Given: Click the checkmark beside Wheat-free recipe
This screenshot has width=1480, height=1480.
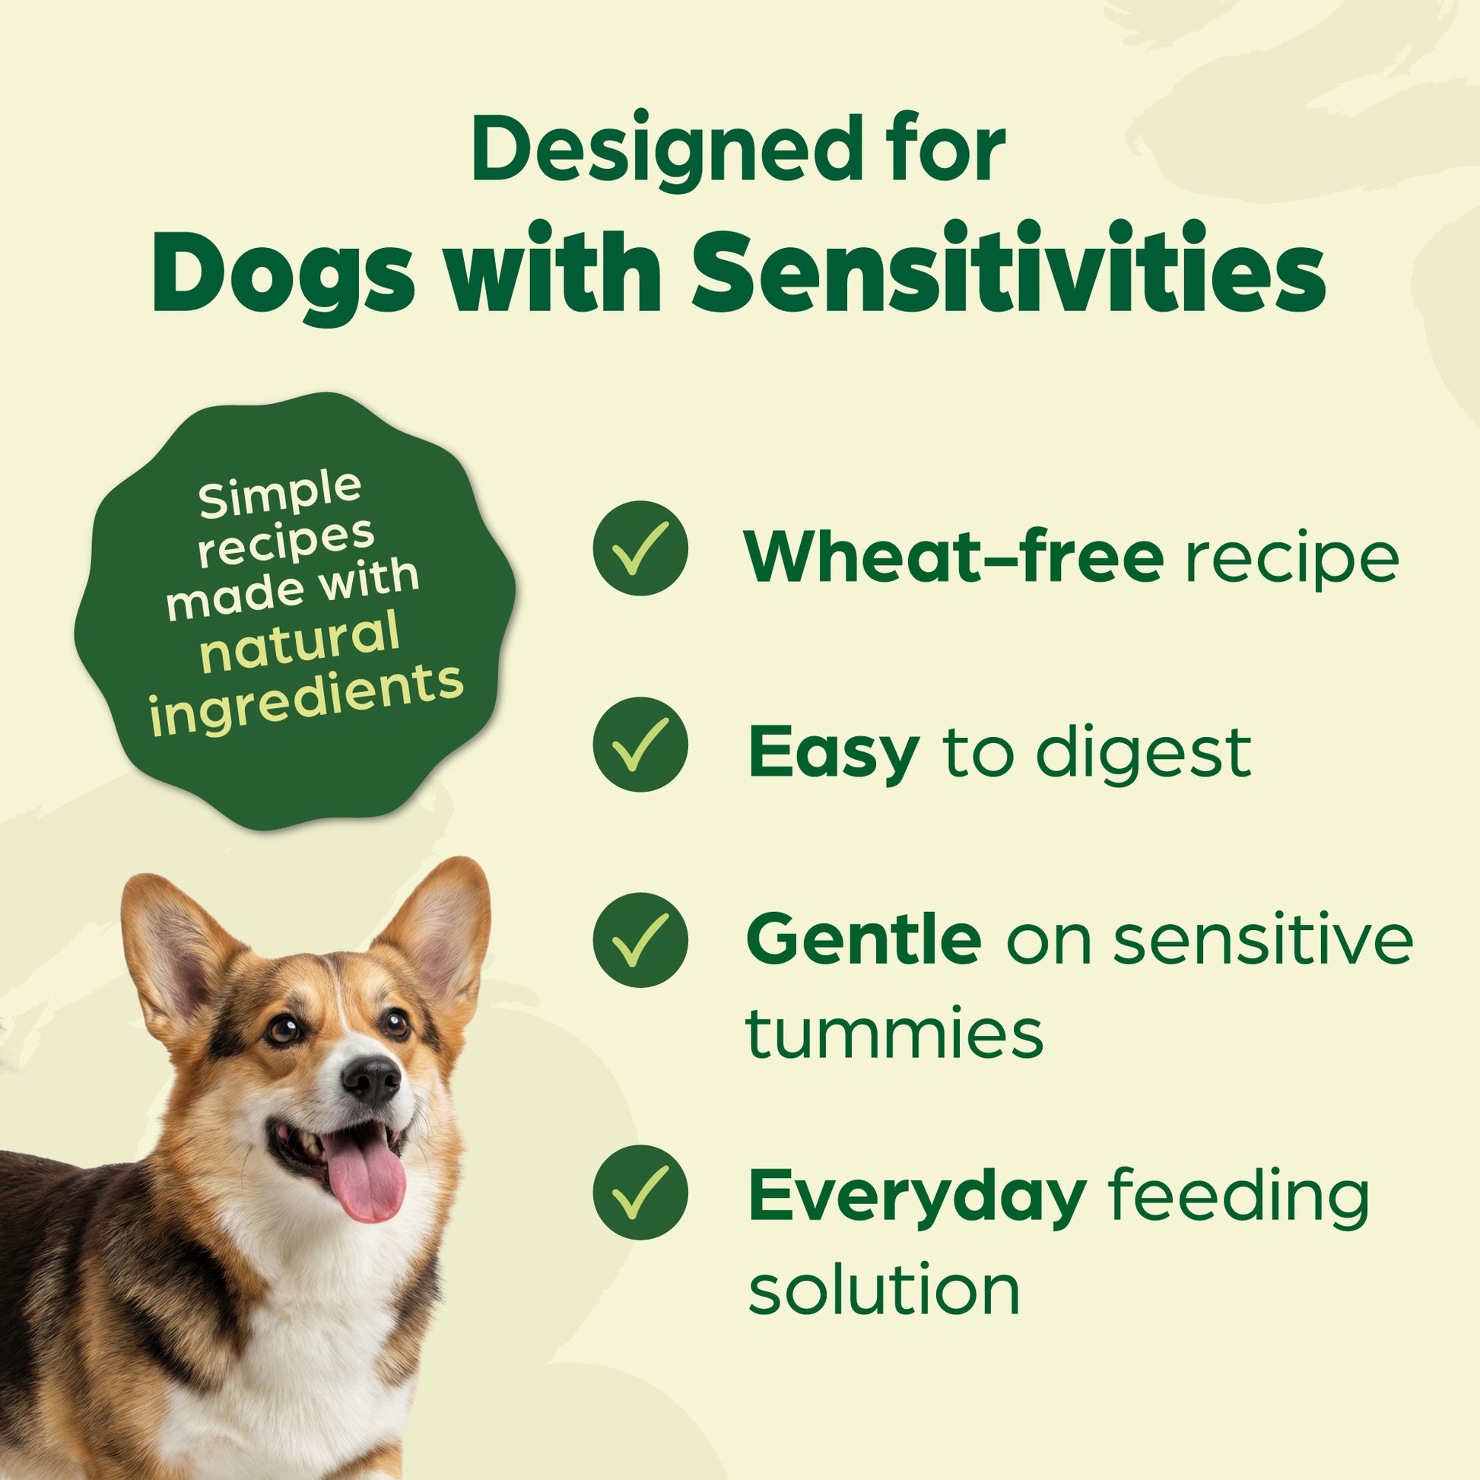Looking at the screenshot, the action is (x=640, y=548).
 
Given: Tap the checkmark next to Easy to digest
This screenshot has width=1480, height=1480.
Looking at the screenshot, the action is (x=640, y=744).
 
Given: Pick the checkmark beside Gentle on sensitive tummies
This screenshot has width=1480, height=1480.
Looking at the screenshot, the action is (x=640, y=940).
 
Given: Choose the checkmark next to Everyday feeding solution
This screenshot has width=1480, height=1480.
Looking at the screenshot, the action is (x=640, y=1193).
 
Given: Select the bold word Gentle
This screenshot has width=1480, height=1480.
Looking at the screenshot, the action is (x=863, y=940).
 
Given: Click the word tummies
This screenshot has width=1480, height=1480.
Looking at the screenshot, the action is (x=894, y=1031).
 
